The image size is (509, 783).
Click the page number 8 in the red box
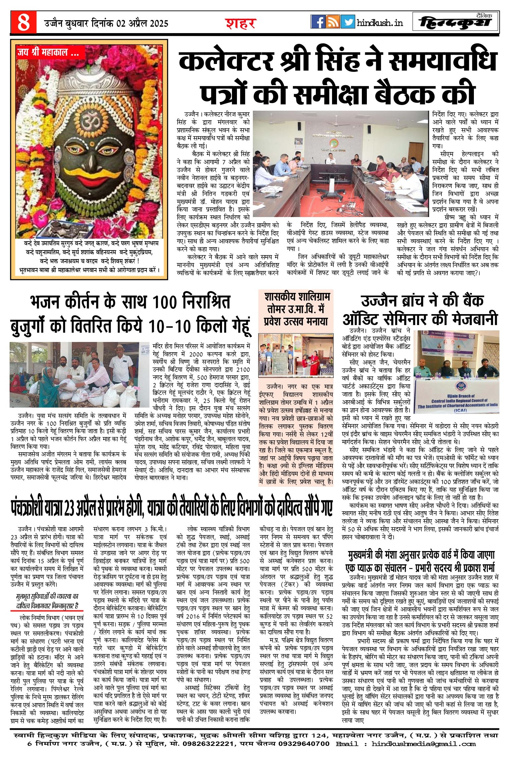point(23,22)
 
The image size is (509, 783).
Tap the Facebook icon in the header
point(318,22)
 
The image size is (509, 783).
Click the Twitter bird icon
point(348,22)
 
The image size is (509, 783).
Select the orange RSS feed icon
point(333,22)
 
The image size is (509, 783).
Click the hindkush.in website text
point(380,23)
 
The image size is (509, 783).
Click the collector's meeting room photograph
point(340,164)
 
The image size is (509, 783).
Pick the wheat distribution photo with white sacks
point(80,374)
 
